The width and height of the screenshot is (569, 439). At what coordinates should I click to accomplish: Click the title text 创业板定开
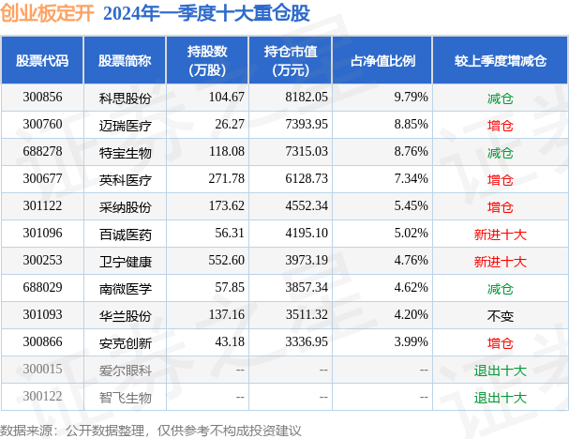click(46, 13)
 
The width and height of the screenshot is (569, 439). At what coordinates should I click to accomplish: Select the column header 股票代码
click(42, 60)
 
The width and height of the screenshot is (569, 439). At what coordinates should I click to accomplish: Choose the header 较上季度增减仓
click(501, 60)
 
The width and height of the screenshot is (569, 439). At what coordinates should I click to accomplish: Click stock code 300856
click(42, 98)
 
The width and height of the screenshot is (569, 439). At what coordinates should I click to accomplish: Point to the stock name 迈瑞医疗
click(125, 125)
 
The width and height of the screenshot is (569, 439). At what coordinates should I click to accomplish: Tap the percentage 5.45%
click(411, 206)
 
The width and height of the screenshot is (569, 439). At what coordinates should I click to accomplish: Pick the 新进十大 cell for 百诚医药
click(501, 235)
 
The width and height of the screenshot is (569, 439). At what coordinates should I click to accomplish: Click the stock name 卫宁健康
click(125, 262)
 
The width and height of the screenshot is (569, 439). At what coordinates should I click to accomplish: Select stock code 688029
click(42, 289)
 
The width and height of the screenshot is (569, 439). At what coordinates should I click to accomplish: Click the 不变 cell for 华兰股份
click(501, 316)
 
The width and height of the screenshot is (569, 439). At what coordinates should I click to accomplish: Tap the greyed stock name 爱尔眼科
click(125, 371)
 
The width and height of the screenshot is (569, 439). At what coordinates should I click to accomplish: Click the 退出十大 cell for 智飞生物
click(501, 398)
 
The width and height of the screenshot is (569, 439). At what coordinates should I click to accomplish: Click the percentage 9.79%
click(411, 98)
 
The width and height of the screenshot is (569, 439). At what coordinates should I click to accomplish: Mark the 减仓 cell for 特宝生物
click(501, 152)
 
